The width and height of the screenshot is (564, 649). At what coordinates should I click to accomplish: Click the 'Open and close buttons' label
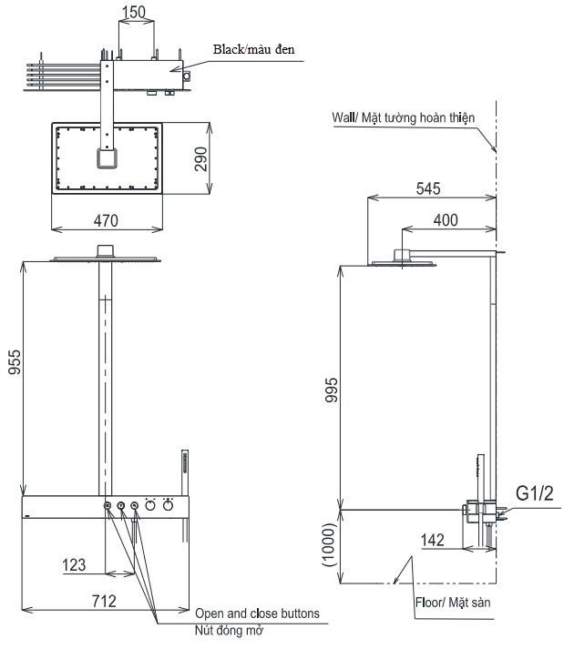click(x=257, y=614)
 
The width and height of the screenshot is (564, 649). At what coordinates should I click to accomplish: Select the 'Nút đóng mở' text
click(x=226, y=630)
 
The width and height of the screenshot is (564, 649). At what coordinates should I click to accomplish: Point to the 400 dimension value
click(x=446, y=220)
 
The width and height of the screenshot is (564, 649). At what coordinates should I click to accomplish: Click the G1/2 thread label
click(x=534, y=494)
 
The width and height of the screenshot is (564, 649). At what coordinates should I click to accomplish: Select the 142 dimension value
click(x=432, y=540)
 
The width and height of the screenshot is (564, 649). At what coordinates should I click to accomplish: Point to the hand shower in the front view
click(x=184, y=470)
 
